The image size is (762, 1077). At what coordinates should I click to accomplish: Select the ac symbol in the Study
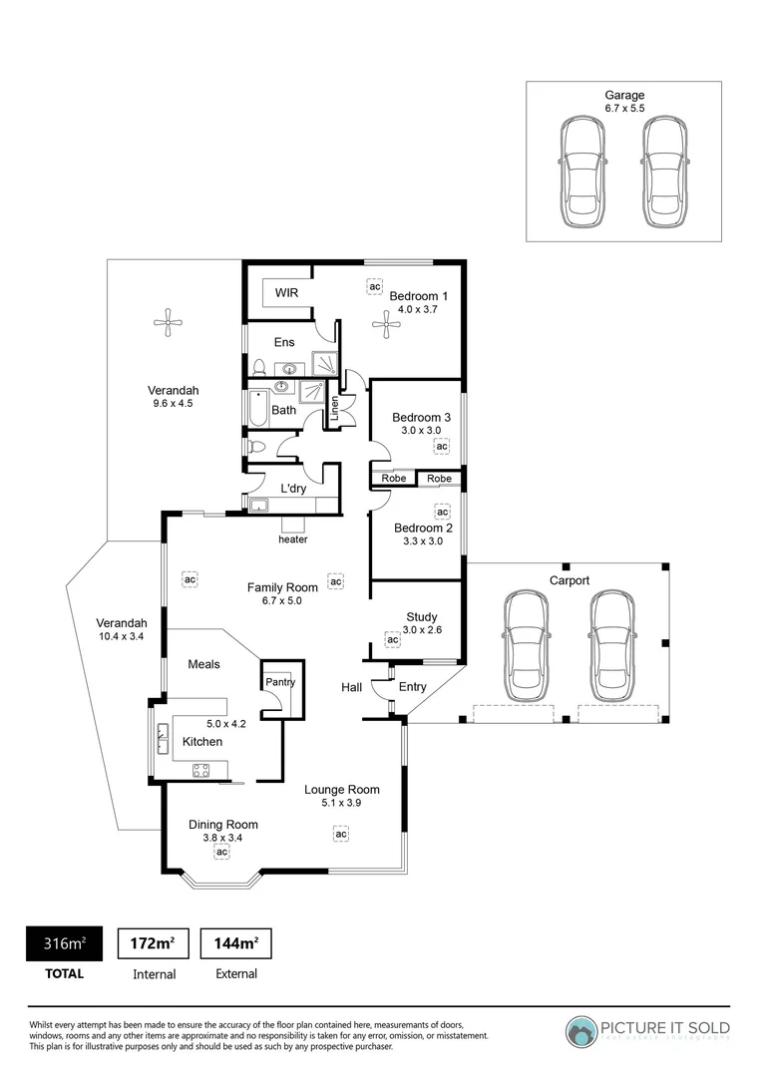point(392,639)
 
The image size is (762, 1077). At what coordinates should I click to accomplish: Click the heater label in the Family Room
point(293,539)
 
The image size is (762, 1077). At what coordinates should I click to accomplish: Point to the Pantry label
point(279,682)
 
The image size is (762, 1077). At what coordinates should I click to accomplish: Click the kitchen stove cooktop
point(201,769)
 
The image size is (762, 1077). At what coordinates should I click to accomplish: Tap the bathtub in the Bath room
point(255,410)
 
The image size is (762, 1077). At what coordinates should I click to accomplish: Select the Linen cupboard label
point(335,408)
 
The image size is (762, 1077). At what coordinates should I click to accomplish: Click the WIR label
point(287,294)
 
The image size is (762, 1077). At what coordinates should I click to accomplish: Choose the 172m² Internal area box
point(153,942)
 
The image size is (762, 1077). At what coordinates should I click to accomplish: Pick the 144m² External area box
point(236,942)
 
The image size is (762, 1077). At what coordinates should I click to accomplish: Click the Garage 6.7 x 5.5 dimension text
point(626,108)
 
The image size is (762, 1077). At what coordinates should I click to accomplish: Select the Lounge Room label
point(341,789)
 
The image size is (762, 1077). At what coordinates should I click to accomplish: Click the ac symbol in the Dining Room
point(221,852)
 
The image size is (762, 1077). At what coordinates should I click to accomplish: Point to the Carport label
point(570,580)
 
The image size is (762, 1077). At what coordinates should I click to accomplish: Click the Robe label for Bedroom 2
point(439,479)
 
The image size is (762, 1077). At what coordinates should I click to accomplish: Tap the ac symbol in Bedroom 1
point(374,287)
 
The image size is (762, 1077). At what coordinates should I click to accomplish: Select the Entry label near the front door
point(412,686)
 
